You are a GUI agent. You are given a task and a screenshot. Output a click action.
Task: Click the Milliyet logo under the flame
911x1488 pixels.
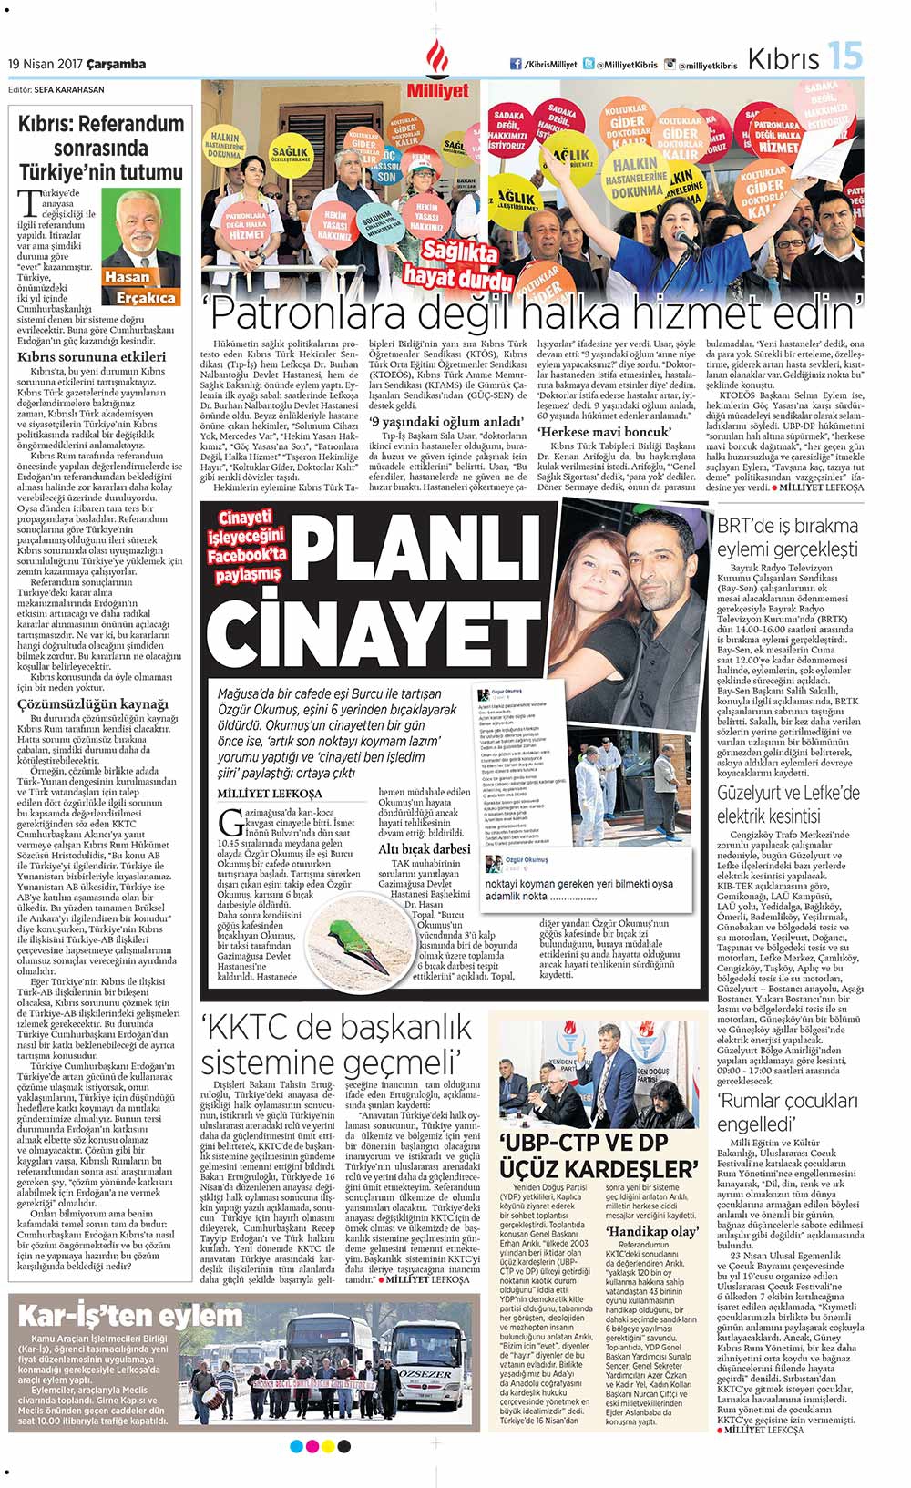tap(437, 91)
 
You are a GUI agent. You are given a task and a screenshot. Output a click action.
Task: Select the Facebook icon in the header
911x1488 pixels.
tap(516, 64)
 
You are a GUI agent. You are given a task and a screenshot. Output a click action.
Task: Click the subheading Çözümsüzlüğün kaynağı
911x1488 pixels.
tap(93, 704)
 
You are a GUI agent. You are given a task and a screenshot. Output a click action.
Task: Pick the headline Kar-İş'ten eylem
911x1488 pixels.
tap(131, 1315)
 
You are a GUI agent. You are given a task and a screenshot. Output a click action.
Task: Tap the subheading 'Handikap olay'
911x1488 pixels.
tap(653, 1231)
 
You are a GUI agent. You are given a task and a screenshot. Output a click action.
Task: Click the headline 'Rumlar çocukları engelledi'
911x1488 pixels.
tap(787, 1113)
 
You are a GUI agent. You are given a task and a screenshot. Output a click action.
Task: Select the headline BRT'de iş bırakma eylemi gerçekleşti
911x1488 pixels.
tap(787, 537)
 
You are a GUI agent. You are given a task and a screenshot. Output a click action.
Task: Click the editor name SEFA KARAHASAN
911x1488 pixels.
tap(70, 89)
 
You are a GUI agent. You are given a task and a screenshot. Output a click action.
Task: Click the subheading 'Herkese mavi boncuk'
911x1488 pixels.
tap(604, 431)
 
